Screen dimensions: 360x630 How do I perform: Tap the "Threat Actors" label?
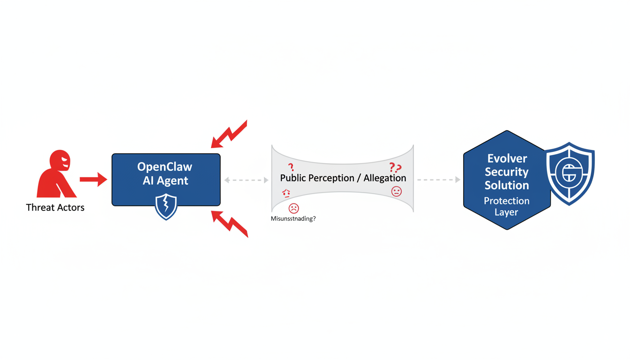click(55, 207)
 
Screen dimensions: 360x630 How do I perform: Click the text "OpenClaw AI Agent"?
click(165, 173)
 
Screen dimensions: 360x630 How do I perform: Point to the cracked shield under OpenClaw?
click(166, 207)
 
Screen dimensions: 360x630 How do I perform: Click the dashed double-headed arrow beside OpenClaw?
click(246, 180)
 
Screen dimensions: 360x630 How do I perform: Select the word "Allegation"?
click(385, 178)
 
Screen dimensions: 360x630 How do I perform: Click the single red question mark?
click(291, 167)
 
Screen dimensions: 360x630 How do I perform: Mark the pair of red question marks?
click(395, 168)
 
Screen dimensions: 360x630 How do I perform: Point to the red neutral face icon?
click(397, 191)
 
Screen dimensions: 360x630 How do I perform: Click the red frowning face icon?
click(294, 208)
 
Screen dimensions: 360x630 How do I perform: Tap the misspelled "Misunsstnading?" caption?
click(293, 218)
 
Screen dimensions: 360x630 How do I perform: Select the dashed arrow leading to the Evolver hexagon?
click(438, 180)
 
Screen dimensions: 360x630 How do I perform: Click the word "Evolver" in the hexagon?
click(507, 158)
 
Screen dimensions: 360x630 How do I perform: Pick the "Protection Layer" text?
click(507, 206)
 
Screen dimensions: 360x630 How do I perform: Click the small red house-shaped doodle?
click(286, 194)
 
